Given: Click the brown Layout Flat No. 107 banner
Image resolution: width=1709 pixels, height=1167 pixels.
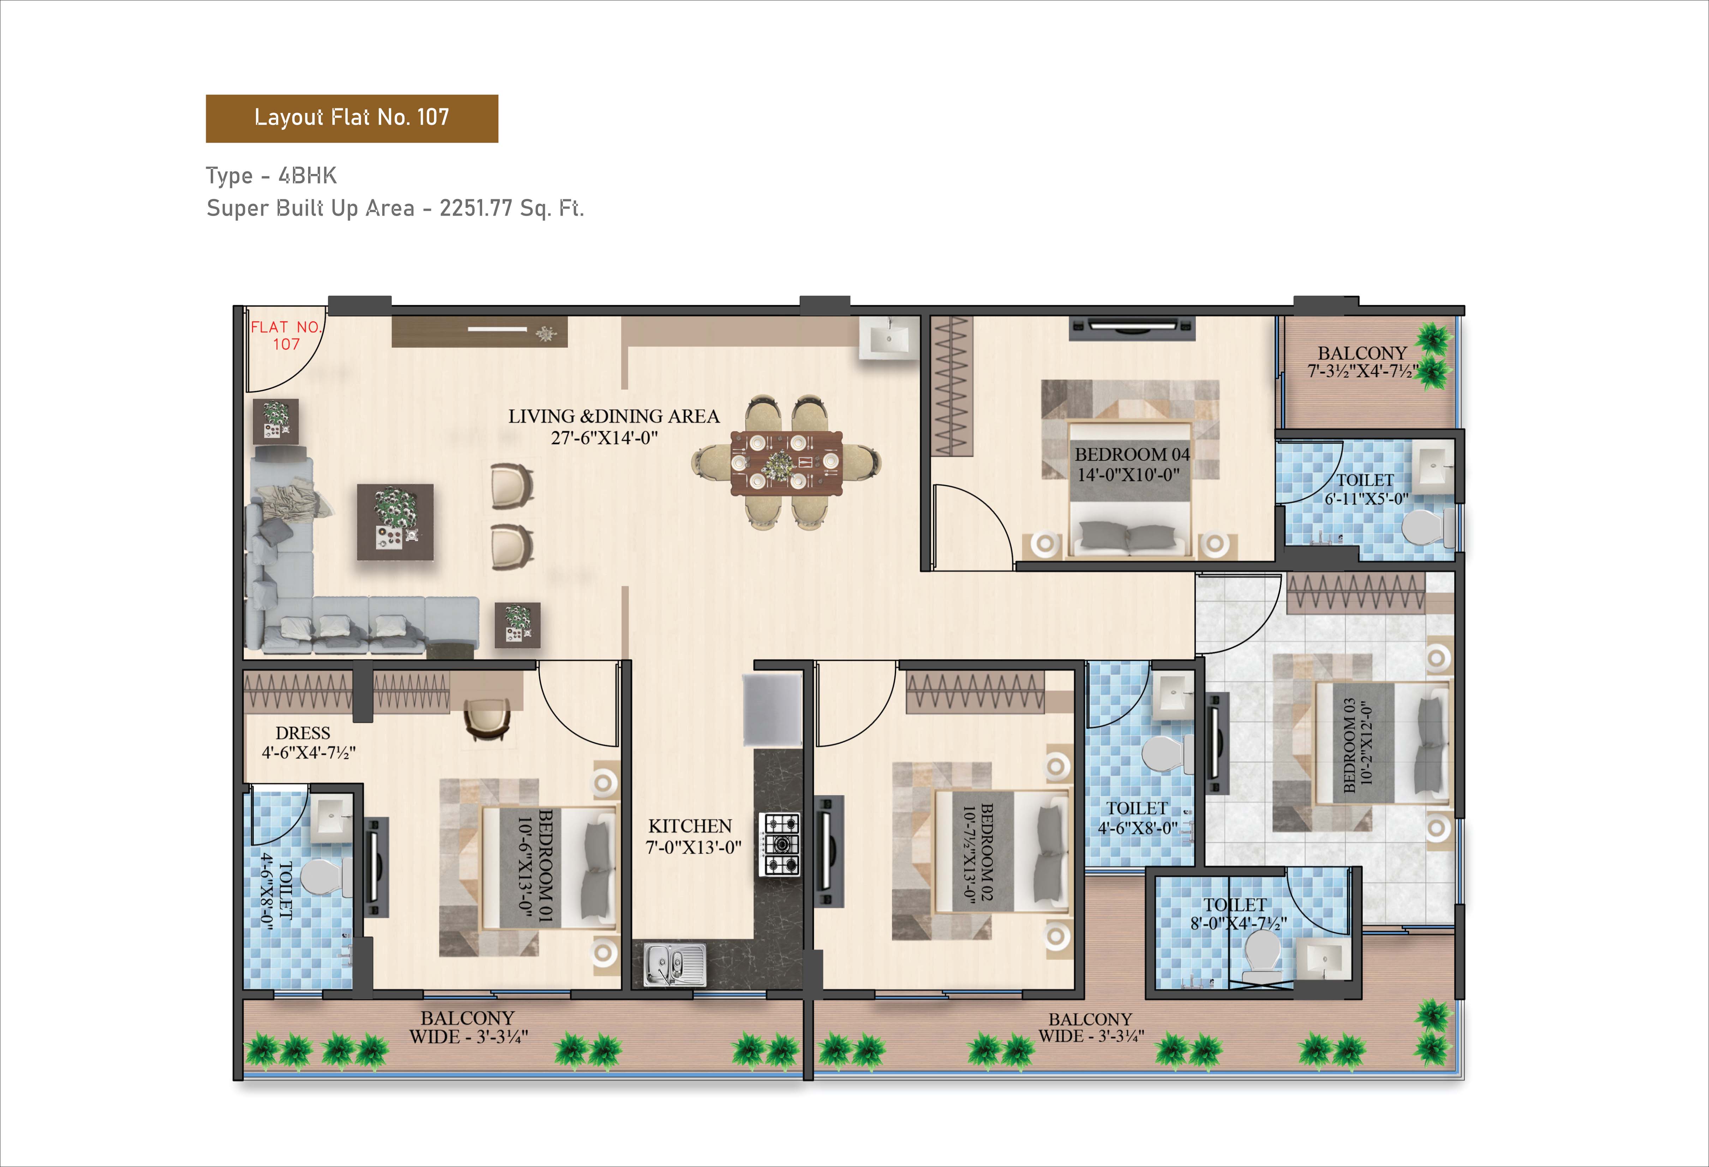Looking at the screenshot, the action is (352, 118).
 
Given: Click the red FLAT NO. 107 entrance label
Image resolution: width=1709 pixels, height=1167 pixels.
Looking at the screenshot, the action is (286, 335).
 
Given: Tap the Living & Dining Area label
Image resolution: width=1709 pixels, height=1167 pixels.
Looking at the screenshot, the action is (613, 427).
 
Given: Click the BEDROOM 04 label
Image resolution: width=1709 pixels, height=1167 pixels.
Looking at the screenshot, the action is (1132, 455).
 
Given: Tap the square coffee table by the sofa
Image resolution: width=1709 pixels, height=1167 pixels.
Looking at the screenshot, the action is (395, 521).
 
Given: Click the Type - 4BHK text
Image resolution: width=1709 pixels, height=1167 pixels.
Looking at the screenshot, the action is (271, 176).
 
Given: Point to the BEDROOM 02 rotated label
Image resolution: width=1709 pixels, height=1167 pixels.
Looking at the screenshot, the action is (978, 853).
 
